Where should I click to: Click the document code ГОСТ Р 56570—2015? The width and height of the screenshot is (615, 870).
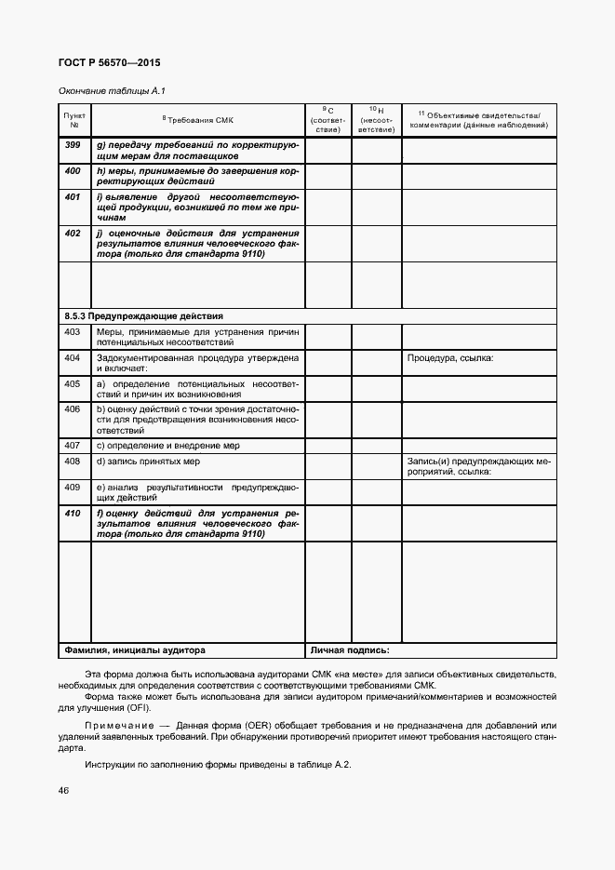(108, 63)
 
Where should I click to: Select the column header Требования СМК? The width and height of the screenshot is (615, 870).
(198, 120)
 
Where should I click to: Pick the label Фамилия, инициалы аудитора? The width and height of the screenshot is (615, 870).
(135, 650)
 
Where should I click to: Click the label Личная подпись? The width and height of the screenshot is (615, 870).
(350, 650)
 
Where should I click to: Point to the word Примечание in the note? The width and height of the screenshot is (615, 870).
(116, 725)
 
